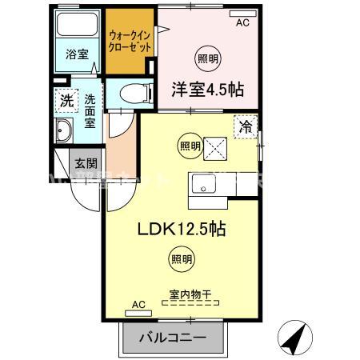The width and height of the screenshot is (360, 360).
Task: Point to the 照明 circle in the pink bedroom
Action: pyautogui.click(x=206, y=58)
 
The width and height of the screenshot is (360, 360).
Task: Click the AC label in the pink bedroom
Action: pyautogui.click(x=242, y=22)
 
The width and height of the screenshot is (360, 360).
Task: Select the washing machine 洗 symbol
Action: pyautogui.click(x=66, y=102)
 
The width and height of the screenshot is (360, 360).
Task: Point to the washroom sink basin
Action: pyautogui.click(x=65, y=132)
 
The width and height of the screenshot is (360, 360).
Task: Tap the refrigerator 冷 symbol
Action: pyautogui.click(x=246, y=126)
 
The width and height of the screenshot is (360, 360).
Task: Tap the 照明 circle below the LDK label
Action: pyautogui.click(x=181, y=258)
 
